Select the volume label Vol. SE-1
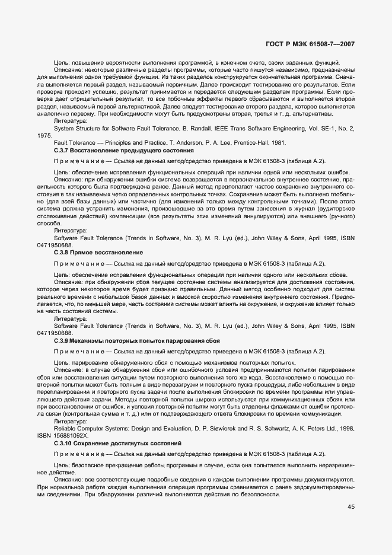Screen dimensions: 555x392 (324, 127)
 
